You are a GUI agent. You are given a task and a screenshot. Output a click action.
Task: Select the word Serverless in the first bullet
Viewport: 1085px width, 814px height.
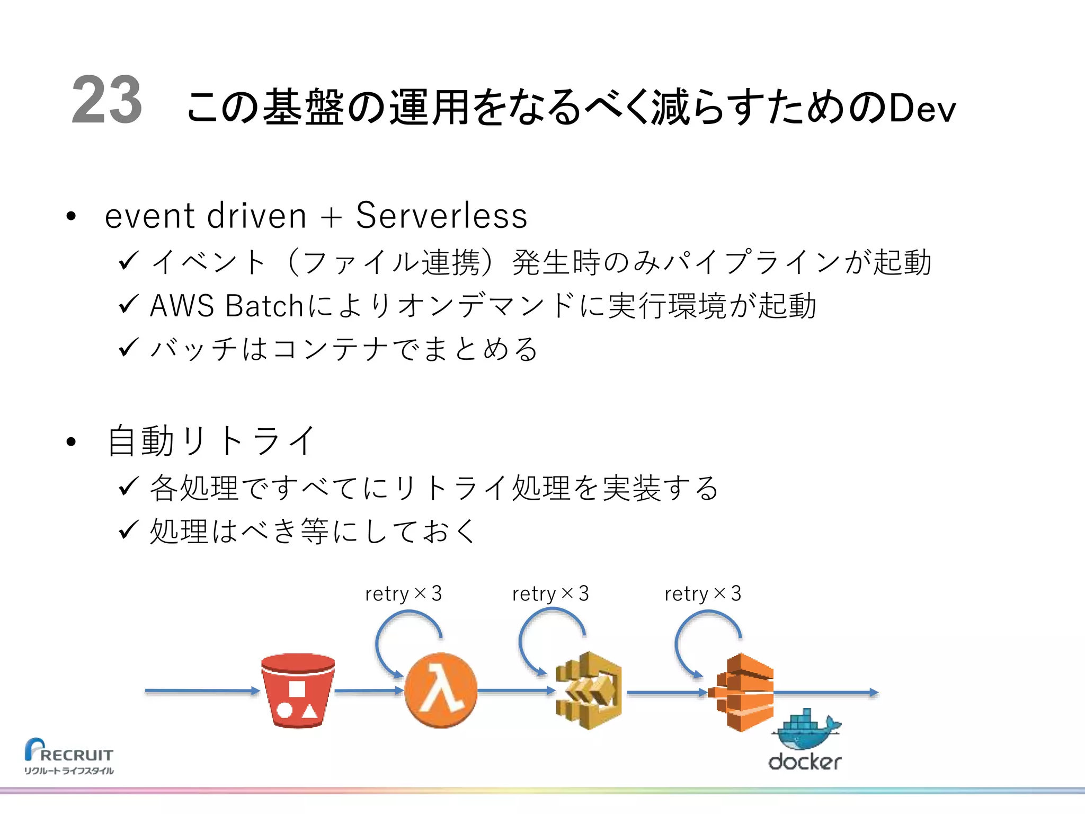pos(441,216)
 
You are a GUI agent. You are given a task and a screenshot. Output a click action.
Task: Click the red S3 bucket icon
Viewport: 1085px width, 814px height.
pos(298,691)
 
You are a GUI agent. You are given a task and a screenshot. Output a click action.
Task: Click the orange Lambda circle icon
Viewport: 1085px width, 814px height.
pos(440,691)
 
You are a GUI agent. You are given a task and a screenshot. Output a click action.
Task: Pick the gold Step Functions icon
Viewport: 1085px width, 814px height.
pos(589,691)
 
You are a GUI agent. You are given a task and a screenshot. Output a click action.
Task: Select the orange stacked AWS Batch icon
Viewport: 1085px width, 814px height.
pos(742,692)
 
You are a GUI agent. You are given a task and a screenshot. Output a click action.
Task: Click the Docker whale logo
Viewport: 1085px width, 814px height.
pos(806,729)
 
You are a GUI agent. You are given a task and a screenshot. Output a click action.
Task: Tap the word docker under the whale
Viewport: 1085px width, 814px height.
pos(804,762)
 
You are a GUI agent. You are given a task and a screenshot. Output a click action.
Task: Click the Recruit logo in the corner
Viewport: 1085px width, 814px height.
pos(69,756)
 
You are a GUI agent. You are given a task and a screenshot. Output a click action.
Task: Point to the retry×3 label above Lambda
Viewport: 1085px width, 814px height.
pos(403,594)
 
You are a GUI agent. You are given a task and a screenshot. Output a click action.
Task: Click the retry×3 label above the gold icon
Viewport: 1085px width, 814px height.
pos(550,594)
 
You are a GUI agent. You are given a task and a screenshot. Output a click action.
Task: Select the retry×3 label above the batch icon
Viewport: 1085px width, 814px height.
pos(702,594)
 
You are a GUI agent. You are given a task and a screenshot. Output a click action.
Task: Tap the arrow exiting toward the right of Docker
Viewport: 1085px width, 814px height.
pos(826,692)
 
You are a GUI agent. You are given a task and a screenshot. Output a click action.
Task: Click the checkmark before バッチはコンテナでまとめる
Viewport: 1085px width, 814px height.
pos(128,348)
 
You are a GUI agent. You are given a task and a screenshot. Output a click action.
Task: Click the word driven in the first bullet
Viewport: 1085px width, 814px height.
pos(257,216)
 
